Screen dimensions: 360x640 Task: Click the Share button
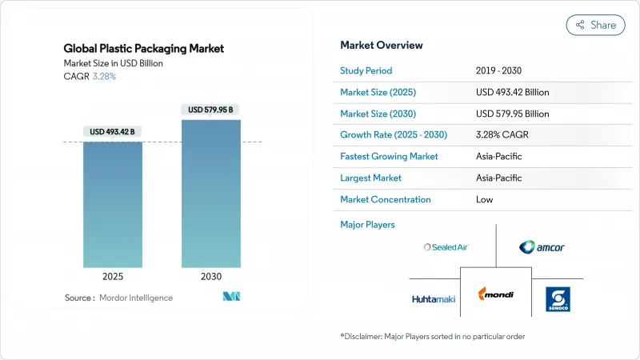[596, 25]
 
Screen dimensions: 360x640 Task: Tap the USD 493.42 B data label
[113, 131]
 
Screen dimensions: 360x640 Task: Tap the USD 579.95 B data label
[210, 109]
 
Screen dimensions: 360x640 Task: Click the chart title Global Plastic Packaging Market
[144, 49]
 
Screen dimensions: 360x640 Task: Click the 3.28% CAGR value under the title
[104, 76]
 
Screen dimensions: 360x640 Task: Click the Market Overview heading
[382, 45]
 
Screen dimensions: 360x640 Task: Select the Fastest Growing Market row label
[389, 156]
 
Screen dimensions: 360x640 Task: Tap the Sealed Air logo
[446, 247]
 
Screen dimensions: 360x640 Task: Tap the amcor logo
[542, 247]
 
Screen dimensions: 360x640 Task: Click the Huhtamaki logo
[434, 299]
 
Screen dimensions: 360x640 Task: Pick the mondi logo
[496, 294]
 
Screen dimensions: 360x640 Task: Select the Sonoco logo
[557, 299]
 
